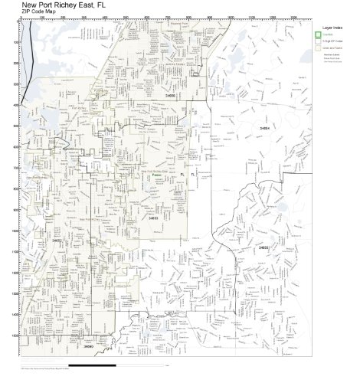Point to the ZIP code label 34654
pos(265,128)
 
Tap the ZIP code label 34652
pos(57,240)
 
